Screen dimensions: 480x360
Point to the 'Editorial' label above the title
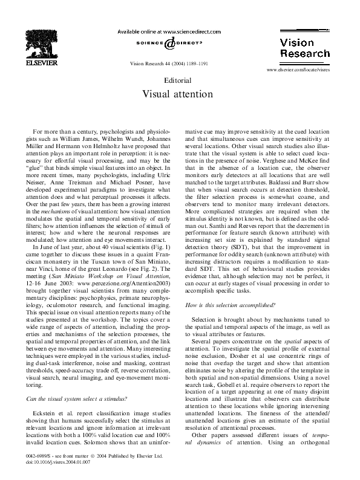click(178, 80)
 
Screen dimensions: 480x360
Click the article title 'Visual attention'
click(178, 94)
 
